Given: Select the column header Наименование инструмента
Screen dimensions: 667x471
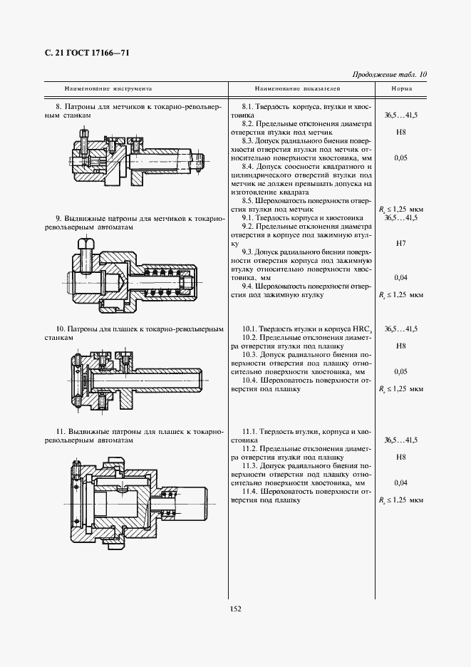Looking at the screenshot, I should pyautogui.click(x=108, y=89).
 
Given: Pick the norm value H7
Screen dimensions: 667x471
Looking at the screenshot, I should pyautogui.click(x=400, y=244).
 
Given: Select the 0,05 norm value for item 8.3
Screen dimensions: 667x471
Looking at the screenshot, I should pyautogui.click(x=400, y=158).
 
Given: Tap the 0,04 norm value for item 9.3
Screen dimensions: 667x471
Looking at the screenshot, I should pyautogui.click(x=400, y=277).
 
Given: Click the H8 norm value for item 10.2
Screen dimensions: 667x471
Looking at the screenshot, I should pyautogui.click(x=400, y=346).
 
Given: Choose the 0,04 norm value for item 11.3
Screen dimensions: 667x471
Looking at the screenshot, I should pyautogui.click(x=400, y=482).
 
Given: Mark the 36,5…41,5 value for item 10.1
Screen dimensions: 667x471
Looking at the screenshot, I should pyautogui.click(x=400, y=329).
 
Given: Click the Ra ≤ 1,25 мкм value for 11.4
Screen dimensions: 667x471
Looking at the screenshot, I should pyautogui.click(x=400, y=500).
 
